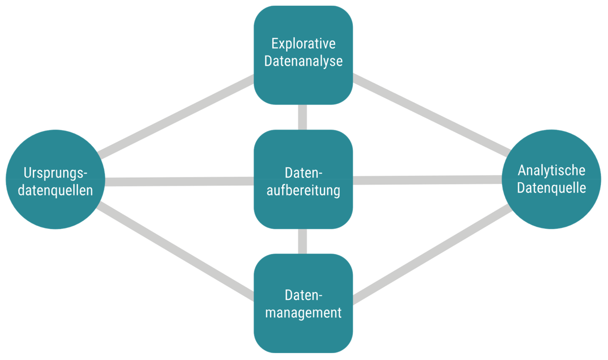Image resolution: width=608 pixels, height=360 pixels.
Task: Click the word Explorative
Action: pos(303,43)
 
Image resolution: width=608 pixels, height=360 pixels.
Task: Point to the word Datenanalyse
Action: pos(303,61)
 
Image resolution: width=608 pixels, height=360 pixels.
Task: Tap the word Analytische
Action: pos(551,170)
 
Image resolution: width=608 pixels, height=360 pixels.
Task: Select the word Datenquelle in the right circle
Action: pos(551,188)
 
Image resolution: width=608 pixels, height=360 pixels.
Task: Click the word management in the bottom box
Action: pos(303,313)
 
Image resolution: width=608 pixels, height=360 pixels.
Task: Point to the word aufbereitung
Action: pos(303,190)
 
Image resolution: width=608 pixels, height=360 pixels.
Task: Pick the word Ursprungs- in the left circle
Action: pos(55,173)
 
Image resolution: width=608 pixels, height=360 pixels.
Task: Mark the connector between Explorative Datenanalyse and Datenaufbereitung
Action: pos(302,117)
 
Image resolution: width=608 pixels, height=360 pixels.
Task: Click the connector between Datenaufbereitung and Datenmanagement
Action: pos(302,241)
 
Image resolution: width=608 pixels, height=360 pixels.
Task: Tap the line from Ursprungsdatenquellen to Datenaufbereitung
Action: pos(179,181)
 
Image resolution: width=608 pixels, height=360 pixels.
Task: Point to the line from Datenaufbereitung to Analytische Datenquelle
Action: pos(427,180)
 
